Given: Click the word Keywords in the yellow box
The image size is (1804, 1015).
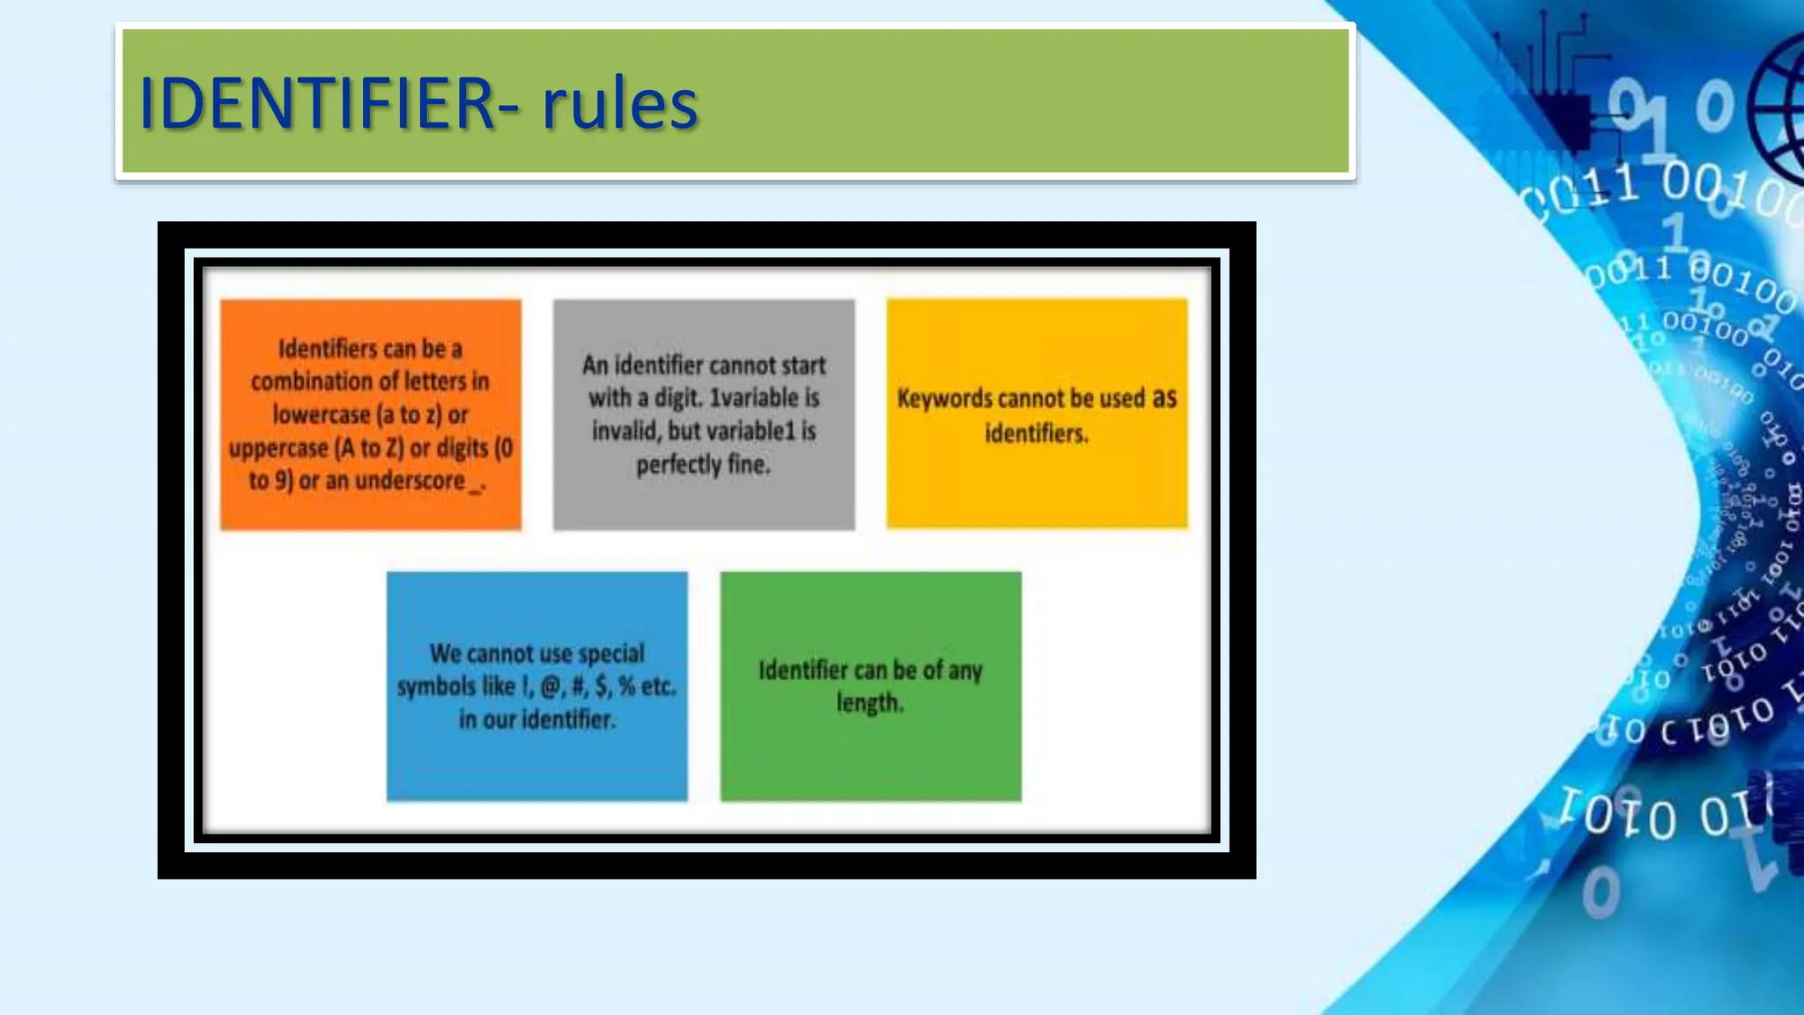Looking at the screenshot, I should (x=944, y=399).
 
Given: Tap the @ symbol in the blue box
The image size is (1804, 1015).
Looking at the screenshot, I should (x=551, y=686).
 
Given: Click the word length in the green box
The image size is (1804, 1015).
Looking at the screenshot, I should (x=869, y=703).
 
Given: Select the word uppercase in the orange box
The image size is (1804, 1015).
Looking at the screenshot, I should (x=278, y=448).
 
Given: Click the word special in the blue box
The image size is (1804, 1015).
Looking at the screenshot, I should (x=610, y=654).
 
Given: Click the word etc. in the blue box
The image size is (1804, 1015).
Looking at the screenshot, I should (x=657, y=686).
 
